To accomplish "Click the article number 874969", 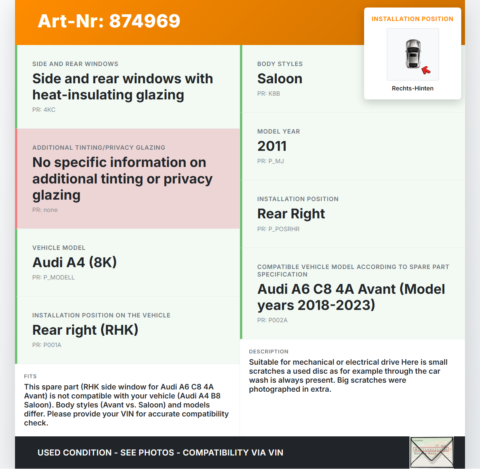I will [x=144, y=21].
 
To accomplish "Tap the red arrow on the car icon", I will [x=426, y=70].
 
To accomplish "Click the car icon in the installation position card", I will [x=413, y=54].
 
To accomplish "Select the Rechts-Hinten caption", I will [x=412, y=89].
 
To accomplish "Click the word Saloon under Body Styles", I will [x=280, y=79].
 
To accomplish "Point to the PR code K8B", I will [x=268, y=94].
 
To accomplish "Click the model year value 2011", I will [x=272, y=146].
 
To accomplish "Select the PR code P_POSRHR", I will [x=278, y=229].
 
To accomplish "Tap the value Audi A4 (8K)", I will [x=75, y=262].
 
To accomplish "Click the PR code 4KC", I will [x=44, y=110].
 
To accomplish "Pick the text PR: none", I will [x=45, y=210].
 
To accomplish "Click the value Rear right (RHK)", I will [x=85, y=330].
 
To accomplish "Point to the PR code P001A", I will [x=47, y=345].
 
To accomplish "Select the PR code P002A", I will [x=272, y=320].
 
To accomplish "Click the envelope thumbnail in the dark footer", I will [x=432, y=452].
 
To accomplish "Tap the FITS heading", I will [x=30, y=376].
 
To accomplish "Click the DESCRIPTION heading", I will [x=268, y=352].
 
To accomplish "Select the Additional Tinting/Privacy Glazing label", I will [x=99, y=148].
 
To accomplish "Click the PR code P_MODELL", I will [x=54, y=278].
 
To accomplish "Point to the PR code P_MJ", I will [x=270, y=161].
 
